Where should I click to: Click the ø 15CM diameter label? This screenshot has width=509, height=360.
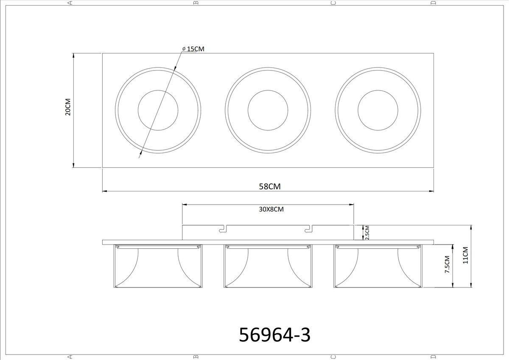click(193, 49)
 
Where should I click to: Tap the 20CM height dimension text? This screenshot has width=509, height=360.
click(68, 107)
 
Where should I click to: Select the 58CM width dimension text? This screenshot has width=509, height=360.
click(270, 186)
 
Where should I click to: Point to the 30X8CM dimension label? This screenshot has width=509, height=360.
click(271, 209)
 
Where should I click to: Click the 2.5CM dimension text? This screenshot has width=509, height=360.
click(367, 233)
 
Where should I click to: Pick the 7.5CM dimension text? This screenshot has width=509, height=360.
click(447, 264)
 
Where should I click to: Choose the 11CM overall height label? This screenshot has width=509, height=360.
click(466, 255)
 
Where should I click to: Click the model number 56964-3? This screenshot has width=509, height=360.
click(274, 335)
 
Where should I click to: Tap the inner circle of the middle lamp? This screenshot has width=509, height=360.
click(268, 90)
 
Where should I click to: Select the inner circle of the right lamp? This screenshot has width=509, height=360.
click(378, 90)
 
